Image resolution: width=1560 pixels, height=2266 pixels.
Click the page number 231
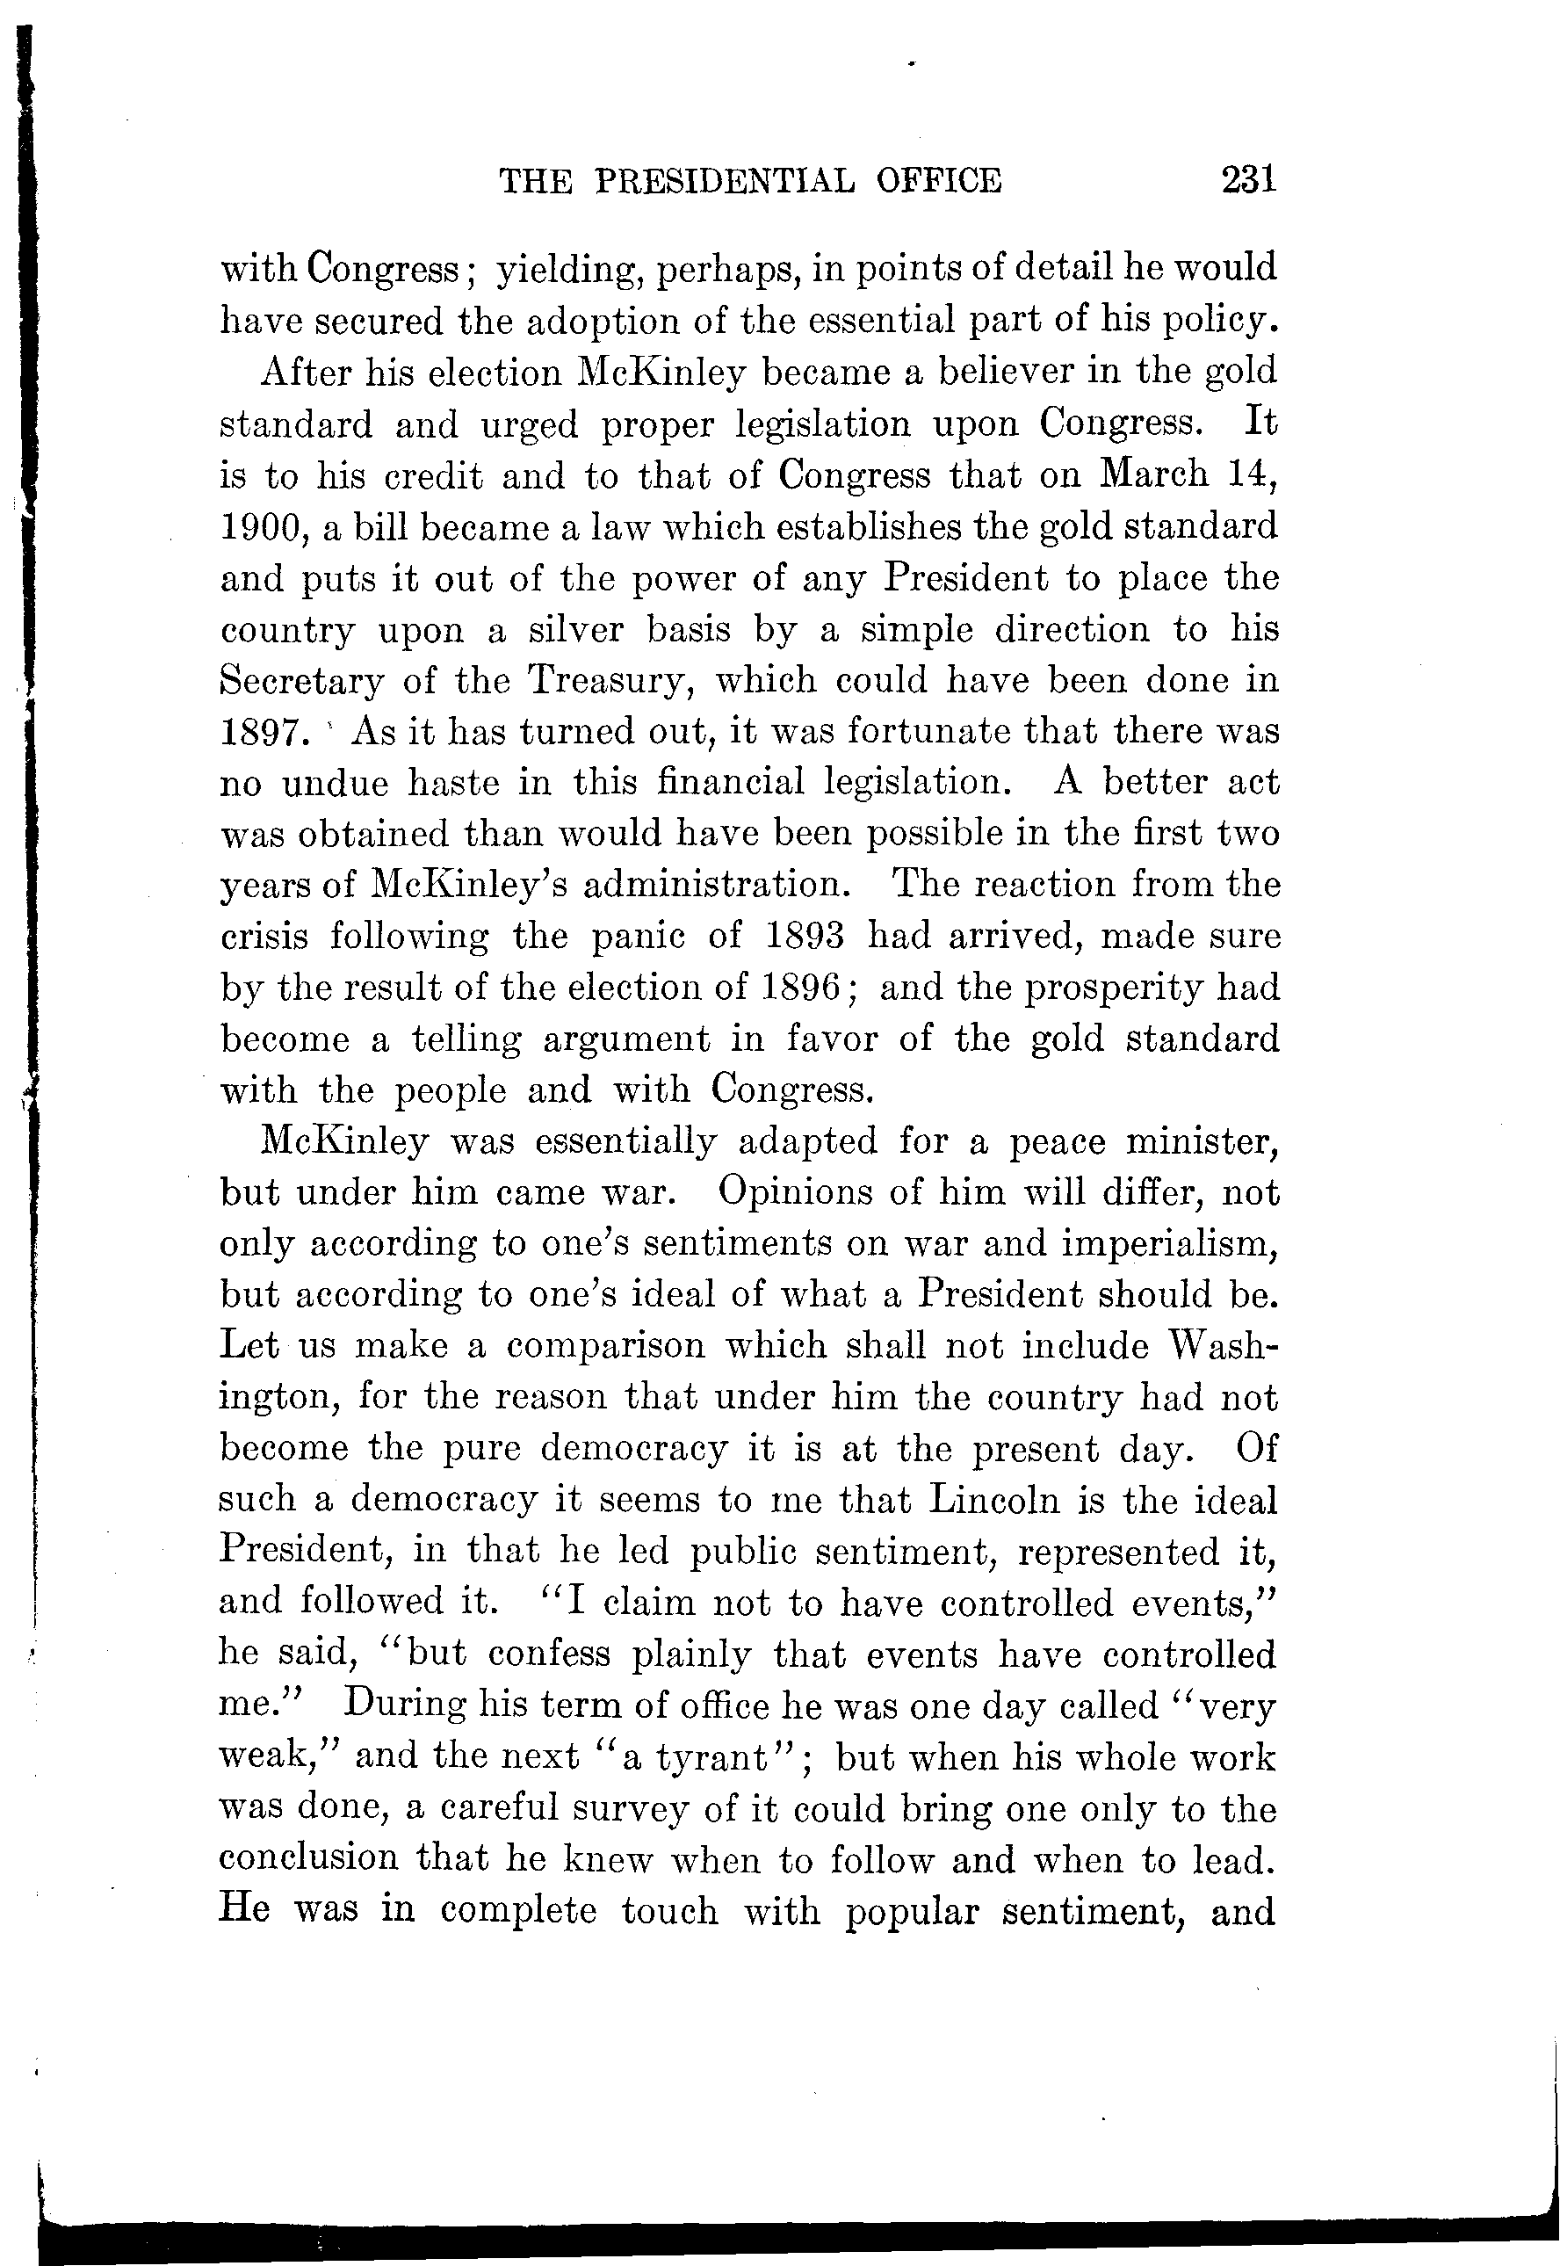[1248, 181]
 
